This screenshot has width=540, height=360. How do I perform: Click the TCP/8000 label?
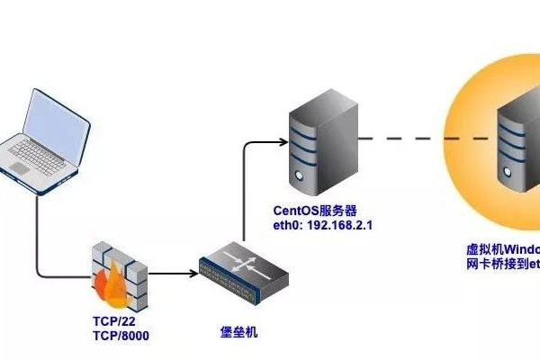pyautogui.click(x=121, y=336)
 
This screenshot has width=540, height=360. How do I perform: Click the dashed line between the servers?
pyautogui.click(x=423, y=139)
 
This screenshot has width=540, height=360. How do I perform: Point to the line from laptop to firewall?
pyautogui.click(x=38, y=234)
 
